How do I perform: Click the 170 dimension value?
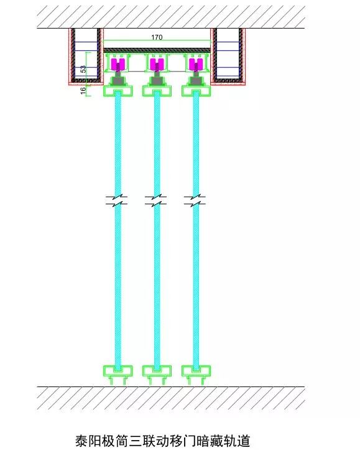[157, 37]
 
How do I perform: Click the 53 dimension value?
[83, 69]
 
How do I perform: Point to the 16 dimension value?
[83, 90]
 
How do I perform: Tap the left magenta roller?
[118, 64]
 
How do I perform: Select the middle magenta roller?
[157, 64]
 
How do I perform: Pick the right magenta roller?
[196, 64]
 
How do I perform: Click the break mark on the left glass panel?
[117, 200]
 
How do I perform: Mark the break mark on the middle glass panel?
[155, 200]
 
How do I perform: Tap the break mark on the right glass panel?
[195, 200]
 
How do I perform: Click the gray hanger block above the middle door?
[157, 79]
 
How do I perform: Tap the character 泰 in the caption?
[81, 440]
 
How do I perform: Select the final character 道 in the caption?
[243, 440]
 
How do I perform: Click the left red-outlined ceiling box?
[86, 57]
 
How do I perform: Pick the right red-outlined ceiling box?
[228, 57]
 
